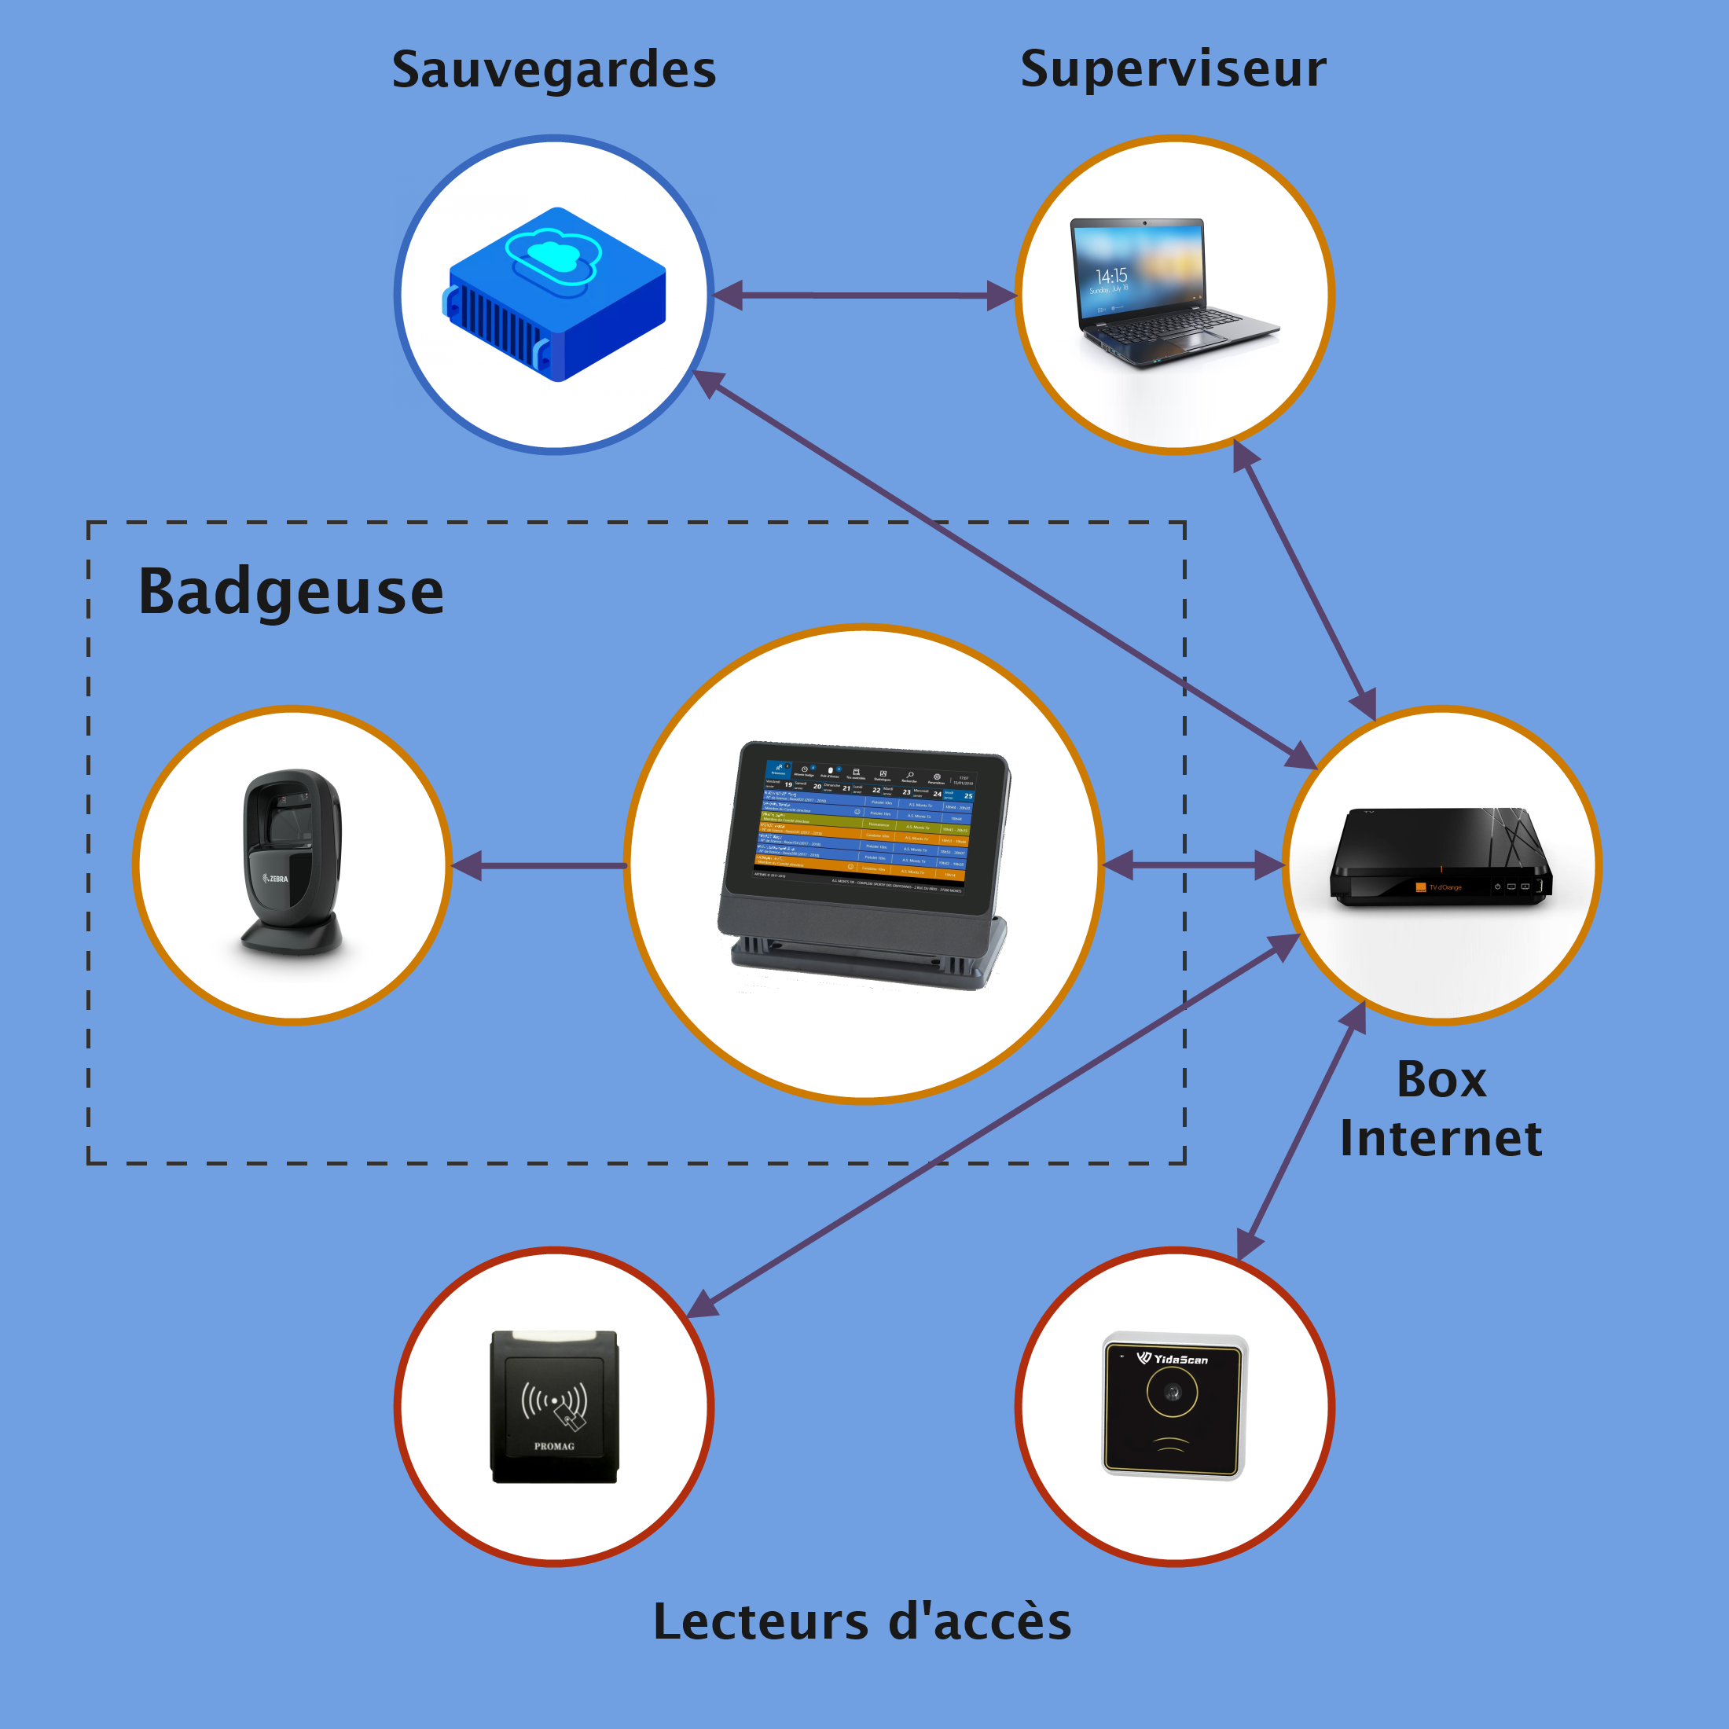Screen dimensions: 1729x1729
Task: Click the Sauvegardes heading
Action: tap(554, 70)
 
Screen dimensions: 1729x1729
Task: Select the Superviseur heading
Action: tap(1173, 70)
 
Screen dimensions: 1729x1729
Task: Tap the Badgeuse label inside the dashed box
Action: tap(291, 593)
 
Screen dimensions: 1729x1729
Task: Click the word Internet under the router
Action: tap(1441, 1138)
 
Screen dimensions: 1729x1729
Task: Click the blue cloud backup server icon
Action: tap(555, 296)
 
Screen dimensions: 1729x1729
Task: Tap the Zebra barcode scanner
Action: tap(292, 864)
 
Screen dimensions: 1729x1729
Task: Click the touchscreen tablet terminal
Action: tap(864, 864)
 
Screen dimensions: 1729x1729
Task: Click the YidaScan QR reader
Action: tap(1173, 1405)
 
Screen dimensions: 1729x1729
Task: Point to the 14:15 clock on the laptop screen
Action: tap(1110, 276)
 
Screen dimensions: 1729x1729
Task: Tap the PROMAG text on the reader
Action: tap(554, 1446)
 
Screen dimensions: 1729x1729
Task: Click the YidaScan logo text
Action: tap(1179, 1360)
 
